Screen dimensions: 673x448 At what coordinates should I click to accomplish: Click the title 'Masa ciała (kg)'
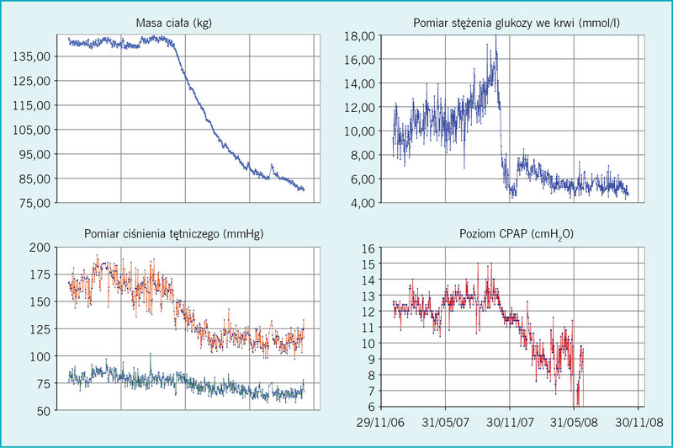(x=174, y=23)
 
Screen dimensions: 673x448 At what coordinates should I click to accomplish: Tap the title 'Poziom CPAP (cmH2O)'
(x=517, y=234)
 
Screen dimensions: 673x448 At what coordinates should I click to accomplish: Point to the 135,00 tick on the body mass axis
(x=32, y=56)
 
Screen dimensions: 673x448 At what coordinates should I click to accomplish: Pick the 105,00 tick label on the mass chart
(x=32, y=130)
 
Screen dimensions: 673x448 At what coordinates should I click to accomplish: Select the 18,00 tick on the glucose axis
(x=360, y=36)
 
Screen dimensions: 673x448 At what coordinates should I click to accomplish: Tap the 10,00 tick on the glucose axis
(x=360, y=131)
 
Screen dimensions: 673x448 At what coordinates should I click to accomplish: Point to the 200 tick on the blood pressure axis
(x=40, y=248)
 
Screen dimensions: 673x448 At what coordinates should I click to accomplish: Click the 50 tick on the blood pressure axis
(x=44, y=411)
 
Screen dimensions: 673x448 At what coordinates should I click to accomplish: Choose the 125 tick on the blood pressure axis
(x=40, y=329)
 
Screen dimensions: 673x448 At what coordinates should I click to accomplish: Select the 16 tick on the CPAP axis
(x=368, y=248)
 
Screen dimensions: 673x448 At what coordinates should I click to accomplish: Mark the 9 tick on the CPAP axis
(x=371, y=359)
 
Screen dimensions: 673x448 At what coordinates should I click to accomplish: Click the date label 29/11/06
(x=380, y=423)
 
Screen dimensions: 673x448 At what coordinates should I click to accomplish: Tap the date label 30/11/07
(x=510, y=423)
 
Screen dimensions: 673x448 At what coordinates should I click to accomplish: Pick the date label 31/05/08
(x=574, y=423)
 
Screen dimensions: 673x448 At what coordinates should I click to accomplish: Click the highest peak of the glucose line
(x=495, y=36)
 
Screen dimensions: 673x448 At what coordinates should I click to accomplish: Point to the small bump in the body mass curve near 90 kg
(x=271, y=165)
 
